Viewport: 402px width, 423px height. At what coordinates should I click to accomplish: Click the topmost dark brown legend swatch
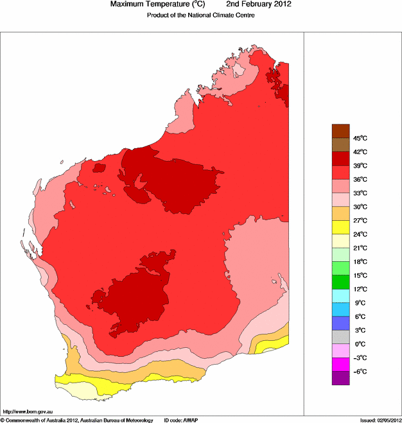(340, 131)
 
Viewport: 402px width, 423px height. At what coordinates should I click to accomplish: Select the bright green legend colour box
(340, 282)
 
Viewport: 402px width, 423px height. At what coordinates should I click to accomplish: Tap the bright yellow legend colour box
(340, 227)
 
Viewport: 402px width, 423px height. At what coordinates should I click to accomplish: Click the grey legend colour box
(340, 337)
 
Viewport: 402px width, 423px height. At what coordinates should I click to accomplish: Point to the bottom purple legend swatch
(340, 378)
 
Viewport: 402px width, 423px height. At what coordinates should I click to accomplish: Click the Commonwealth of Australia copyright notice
(77, 420)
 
